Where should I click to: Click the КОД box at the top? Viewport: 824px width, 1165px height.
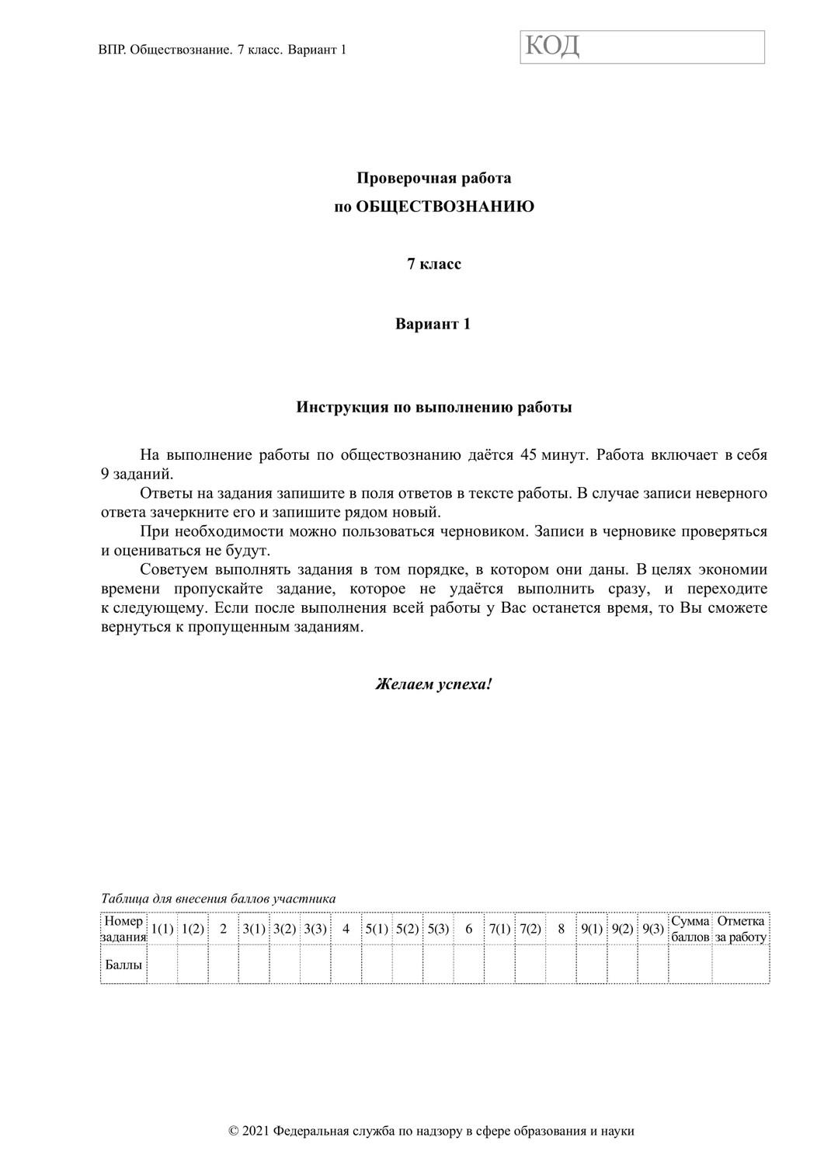[641, 47]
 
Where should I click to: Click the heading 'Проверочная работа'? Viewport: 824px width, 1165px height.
[433, 179]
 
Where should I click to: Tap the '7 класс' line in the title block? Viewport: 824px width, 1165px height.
[434, 264]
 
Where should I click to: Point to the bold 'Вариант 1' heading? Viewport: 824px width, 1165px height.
[433, 324]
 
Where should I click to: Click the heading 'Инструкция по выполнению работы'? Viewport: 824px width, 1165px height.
[434, 407]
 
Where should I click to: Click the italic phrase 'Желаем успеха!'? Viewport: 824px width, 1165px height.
[433, 685]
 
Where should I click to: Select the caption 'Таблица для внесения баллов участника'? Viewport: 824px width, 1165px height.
[218, 899]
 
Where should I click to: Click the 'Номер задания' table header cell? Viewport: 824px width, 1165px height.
[123, 929]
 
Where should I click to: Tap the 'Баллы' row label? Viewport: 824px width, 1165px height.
[123, 965]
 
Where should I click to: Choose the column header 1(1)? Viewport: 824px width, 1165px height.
[162, 929]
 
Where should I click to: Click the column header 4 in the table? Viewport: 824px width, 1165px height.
[346, 929]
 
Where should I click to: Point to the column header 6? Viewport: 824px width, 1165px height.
[468, 929]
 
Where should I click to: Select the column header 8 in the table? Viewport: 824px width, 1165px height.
[561, 929]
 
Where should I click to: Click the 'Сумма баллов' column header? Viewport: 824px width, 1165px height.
[690, 929]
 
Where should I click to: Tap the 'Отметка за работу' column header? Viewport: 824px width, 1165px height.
[740, 929]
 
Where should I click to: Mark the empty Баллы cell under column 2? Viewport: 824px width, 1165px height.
[223, 965]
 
